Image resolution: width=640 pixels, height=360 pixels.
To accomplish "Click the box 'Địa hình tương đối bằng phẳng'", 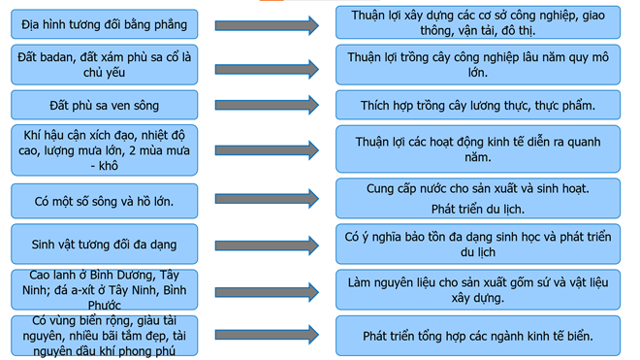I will coord(105,24).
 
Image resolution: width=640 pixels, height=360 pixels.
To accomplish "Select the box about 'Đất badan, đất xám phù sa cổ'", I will coord(105,65).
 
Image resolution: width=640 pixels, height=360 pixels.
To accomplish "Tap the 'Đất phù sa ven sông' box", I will coord(105,104).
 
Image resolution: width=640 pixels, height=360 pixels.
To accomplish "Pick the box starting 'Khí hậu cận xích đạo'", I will coord(105,149).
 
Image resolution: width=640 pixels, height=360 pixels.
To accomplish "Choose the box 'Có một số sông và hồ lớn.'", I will coord(105,201).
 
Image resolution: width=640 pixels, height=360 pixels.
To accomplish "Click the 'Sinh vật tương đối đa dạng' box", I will coord(105,243).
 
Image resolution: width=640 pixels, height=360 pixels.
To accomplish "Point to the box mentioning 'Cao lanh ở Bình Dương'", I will coord(105,289).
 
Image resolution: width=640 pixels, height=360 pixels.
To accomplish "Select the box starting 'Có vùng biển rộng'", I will coord(105,335).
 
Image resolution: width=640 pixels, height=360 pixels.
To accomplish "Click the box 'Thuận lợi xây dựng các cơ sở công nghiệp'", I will coord(478,24).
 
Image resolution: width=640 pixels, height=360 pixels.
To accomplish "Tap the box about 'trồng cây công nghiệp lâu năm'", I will coord(478,65).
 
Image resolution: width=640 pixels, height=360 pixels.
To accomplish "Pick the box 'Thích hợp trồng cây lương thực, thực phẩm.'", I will coord(478,104).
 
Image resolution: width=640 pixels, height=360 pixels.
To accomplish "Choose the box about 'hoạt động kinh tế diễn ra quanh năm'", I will coord(478,149).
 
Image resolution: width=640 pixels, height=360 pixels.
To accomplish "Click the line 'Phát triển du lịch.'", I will coord(478,209).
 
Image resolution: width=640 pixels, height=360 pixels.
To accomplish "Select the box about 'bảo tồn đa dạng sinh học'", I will coord(478,243).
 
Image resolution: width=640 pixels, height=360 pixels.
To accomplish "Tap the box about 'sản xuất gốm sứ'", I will coord(478,289).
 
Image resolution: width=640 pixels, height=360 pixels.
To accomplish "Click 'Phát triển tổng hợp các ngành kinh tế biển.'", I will coord(478,336).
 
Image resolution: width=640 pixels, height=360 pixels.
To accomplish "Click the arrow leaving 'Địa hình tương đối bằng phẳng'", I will coord(266,25).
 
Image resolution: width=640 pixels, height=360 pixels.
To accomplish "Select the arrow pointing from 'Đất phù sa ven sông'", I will coord(266,105).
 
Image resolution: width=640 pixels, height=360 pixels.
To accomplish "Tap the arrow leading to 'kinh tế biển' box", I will coord(266,335).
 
